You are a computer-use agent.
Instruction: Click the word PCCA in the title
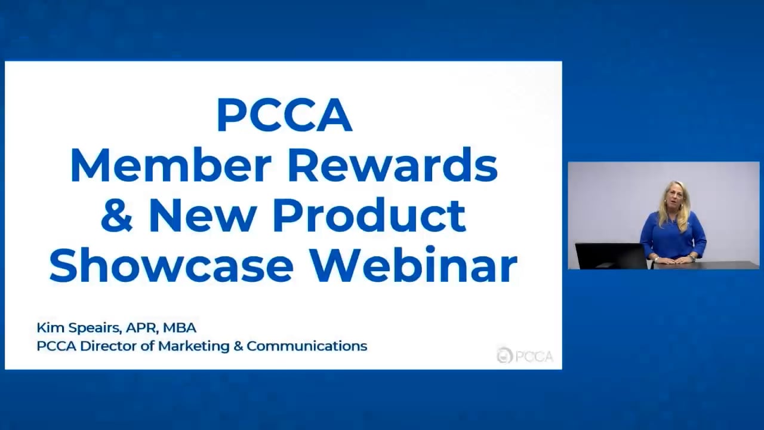tap(284, 115)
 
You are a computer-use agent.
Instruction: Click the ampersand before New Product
tap(116, 216)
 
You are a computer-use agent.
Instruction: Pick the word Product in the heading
tap(369, 216)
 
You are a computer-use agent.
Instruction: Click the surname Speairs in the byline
tap(94, 328)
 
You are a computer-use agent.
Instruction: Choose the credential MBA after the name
tap(179, 327)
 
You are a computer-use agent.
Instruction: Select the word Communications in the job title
tap(307, 345)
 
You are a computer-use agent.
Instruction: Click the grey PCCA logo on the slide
tap(525, 355)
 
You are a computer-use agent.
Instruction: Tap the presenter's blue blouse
tap(673, 236)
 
